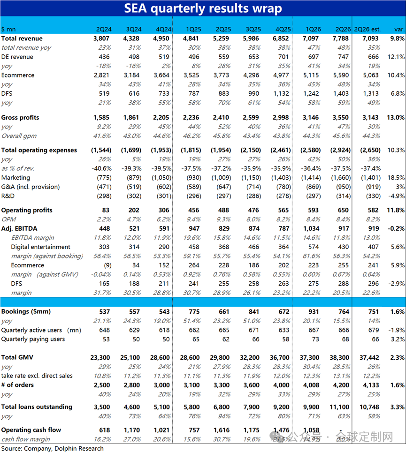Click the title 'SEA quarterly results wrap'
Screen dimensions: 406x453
(203, 8)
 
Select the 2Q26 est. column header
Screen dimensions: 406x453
(367, 29)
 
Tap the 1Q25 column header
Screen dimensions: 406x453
(193, 29)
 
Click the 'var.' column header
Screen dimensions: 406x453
(399, 29)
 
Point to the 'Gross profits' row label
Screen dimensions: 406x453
(20, 117)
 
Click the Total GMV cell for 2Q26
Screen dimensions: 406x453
(339, 358)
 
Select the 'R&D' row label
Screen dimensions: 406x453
(8, 196)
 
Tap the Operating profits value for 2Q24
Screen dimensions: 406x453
(106, 210)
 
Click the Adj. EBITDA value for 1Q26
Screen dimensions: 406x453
(311, 228)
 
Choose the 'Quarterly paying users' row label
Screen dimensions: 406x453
(33, 339)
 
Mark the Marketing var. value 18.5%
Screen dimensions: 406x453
(396, 177)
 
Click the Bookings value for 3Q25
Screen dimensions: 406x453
(253, 312)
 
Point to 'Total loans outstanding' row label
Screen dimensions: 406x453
(37, 407)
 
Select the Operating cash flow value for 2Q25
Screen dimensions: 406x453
(222, 430)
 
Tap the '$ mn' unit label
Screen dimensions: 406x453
(8, 29)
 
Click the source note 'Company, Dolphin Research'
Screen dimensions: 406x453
(64, 448)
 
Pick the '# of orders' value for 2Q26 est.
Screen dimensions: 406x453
(369, 385)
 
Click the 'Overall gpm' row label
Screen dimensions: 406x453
(19, 136)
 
